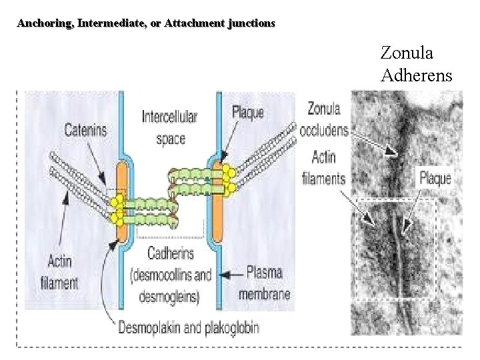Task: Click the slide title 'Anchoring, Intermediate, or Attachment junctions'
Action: (x=145, y=24)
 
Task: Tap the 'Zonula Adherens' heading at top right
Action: (x=416, y=63)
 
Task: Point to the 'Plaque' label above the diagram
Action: (x=247, y=111)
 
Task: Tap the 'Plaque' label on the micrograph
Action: (x=435, y=177)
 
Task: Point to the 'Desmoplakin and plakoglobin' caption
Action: (x=188, y=327)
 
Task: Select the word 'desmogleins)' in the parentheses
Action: (x=169, y=296)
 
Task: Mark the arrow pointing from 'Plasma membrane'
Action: (x=231, y=273)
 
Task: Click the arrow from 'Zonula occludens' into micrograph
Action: (x=377, y=142)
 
